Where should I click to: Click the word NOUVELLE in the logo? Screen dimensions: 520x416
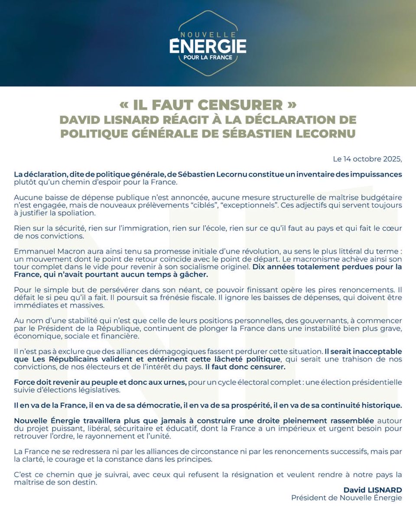208,34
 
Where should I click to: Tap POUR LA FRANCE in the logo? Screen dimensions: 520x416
208,57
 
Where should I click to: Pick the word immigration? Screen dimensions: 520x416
150,229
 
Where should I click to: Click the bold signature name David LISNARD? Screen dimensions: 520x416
373,490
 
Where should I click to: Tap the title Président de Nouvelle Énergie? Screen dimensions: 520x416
347,498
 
